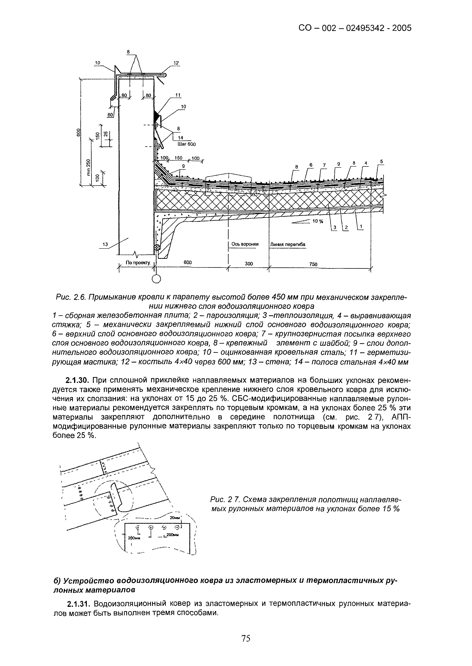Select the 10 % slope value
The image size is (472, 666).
pos(318,221)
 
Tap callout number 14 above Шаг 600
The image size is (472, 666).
pos(180,138)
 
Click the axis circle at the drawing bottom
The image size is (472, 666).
pos(156,279)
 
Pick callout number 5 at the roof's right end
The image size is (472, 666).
pos(382,161)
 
